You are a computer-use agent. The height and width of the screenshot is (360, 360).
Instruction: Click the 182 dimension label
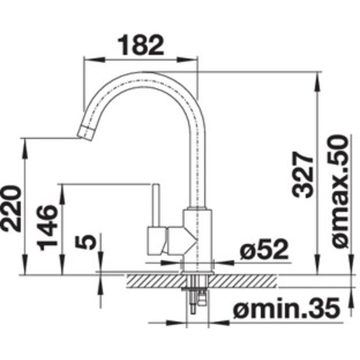coord(141,46)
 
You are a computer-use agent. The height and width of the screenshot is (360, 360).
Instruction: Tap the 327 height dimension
coord(302,175)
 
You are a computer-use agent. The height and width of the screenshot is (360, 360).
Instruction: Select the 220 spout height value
coord(11,209)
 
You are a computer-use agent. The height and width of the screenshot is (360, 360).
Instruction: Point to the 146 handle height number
coord(47,228)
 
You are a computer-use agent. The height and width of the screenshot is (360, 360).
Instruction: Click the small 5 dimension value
coord(85,242)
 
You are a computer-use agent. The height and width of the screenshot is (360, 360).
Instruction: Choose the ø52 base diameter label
coord(264,249)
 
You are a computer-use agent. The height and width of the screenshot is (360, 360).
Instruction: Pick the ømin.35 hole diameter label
coord(286,308)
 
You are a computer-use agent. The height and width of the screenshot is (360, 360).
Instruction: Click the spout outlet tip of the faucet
coord(85,132)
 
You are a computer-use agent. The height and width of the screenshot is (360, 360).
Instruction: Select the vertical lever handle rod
coord(156,206)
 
